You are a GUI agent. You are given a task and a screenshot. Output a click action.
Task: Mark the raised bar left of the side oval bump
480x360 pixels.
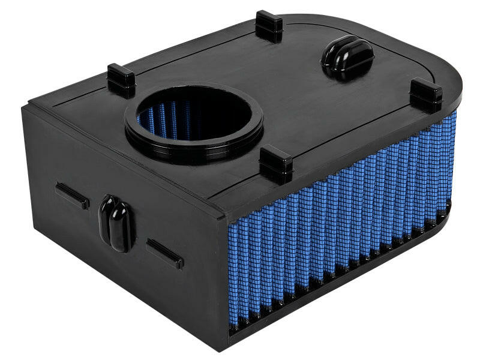[x=73, y=196]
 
